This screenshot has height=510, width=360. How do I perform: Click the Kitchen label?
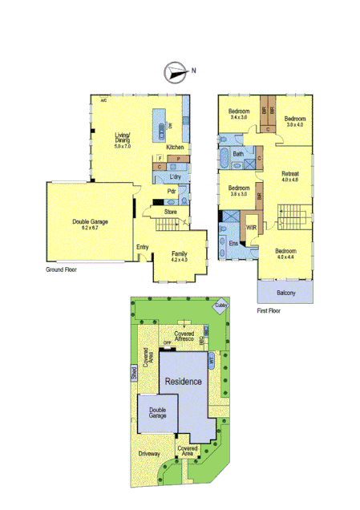[x=175, y=148]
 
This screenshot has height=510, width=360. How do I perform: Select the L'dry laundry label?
[x=176, y=176]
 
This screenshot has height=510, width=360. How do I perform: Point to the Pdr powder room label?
[x=172, y=192]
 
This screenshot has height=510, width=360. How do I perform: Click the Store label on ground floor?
[x=170, y=212]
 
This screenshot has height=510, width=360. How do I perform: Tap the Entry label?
[x=143, y=247]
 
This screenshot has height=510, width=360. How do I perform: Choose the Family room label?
[x=179, y=253]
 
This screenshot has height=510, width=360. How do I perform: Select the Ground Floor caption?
[x=62, y=270]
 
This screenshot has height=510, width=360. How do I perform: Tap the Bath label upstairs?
[x=238, y=154]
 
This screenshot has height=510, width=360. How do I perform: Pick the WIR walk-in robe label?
[x=251, y=228]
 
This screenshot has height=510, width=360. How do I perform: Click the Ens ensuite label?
[x=233, y=243]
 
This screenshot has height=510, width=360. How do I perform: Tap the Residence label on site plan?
[x=183, y=382]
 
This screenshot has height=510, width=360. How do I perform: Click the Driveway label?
[x=149, y=454]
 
